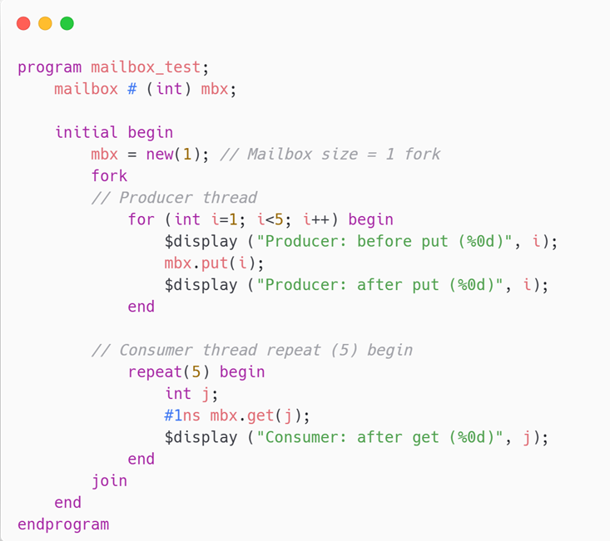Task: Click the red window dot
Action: click(23, 23)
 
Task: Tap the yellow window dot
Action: click(45, 23)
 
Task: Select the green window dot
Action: click(67, 23)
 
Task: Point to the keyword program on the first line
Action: click(50, 67)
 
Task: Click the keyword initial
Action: click(87, 132)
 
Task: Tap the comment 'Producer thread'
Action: click(174, 198)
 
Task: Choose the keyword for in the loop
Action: click(141, 219)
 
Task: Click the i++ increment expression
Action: click(320, 219)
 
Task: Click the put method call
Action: click(214, 263)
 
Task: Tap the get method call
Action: click(260, 416)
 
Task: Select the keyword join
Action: click(109, 480)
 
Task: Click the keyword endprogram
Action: click(63, 524)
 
